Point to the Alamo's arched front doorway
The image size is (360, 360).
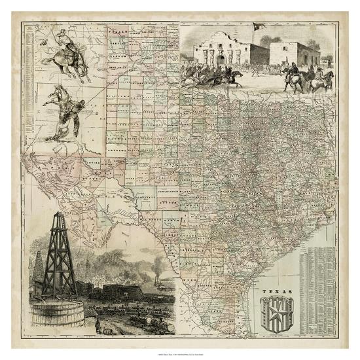pyautogui.click(x=221, y=60)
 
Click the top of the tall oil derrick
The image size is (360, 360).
pyautogui.click(x=62, y=215)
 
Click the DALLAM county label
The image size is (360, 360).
pyautogui.click(x=118, y=31)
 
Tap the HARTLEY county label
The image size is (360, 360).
pyautogui.click(x=118, y=43)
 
